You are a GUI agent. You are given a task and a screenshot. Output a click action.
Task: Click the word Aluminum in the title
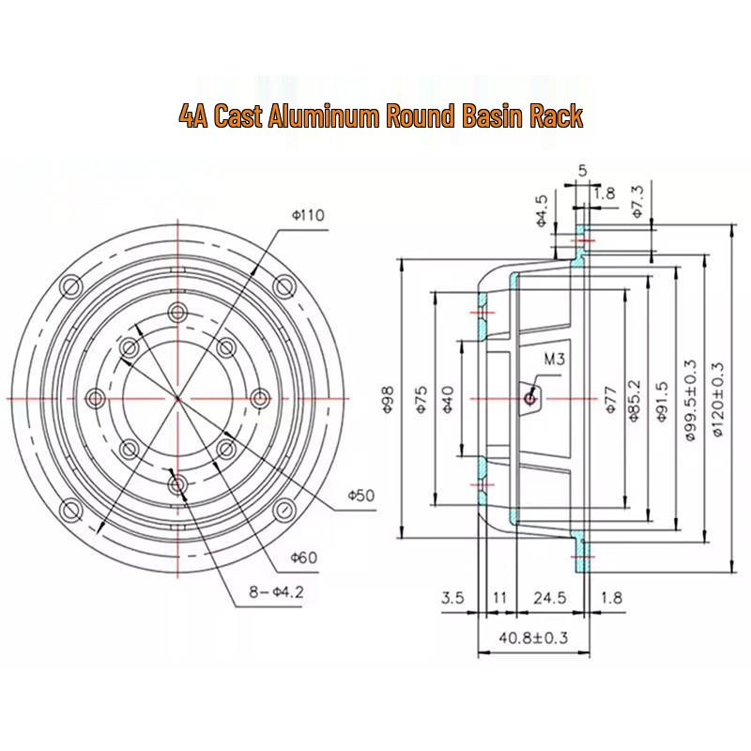[325, 115]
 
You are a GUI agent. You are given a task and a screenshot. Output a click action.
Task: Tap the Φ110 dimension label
[308, 215]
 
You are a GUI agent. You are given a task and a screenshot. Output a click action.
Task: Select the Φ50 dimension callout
[361, 495]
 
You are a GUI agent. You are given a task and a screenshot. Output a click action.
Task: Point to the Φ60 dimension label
[304, 557]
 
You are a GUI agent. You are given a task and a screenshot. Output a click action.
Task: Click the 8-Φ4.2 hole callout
[276, 592]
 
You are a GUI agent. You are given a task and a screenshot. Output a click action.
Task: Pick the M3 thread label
[554, 359]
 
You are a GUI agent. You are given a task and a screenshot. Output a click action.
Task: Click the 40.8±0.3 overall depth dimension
[533, 637]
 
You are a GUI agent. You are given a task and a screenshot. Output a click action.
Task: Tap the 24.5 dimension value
[550, 597]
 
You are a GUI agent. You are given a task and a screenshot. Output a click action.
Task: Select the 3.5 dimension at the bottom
[452, 597]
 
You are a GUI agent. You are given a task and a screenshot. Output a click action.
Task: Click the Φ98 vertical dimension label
[387, 398]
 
